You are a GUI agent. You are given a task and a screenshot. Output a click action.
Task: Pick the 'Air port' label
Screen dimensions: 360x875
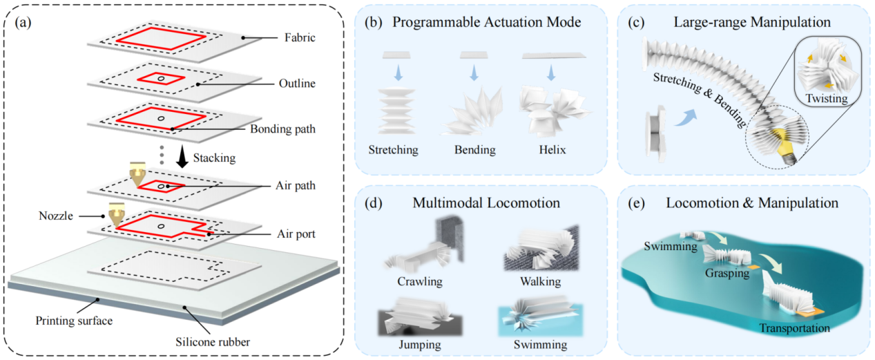tap(295, 234)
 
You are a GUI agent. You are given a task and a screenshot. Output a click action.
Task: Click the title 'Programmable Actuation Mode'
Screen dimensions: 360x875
tap(485, 22)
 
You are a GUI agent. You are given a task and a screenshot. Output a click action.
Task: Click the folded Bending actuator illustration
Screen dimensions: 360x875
tap(472, 111)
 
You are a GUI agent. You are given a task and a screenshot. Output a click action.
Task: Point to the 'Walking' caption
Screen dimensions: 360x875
tap(540, 282)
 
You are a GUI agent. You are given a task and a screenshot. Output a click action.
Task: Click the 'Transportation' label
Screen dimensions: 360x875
tap(794, 328)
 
